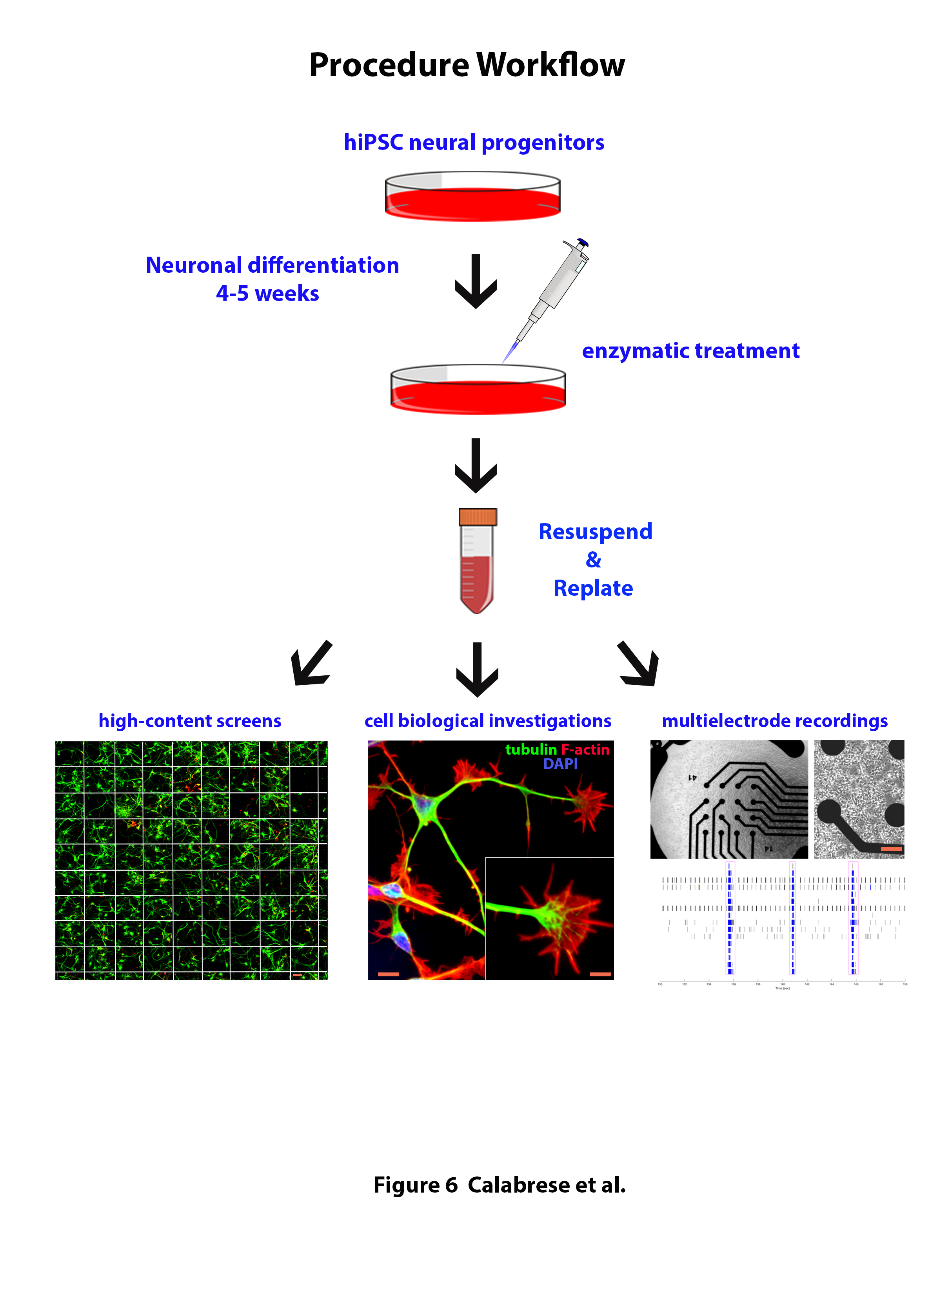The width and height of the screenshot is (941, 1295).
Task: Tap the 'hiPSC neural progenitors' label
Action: point(473,142)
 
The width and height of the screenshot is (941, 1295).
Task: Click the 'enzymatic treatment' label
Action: point(690,350)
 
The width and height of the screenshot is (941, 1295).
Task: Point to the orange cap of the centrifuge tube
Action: point(478,517)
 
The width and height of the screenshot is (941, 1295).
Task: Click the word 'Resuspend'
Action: point(595,532)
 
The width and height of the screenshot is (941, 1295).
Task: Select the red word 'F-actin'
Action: point(585,749)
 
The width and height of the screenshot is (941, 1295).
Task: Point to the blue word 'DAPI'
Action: point(560,764)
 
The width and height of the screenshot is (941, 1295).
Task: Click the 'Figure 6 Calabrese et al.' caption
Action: point(499,1185)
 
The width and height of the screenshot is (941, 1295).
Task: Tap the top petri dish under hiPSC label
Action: point(472,197)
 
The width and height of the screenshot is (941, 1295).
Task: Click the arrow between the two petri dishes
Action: point(475,281)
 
